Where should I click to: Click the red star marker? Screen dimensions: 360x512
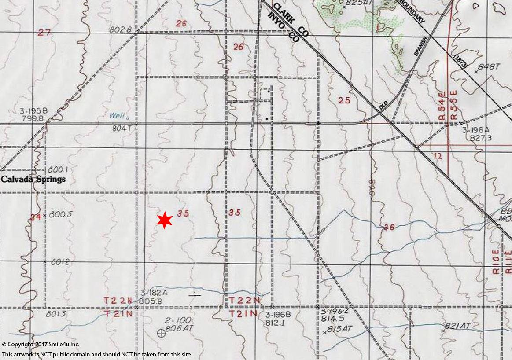click(165, 220)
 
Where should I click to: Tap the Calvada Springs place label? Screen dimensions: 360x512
click(33, 179)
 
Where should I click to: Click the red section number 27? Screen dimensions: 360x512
click(44, 32)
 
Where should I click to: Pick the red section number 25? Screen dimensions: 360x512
click(344, 100)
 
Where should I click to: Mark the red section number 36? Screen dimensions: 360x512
click(389, 227)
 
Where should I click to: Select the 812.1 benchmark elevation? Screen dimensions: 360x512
click(274, 323)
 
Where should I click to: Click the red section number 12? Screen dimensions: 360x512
click(438, 156)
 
